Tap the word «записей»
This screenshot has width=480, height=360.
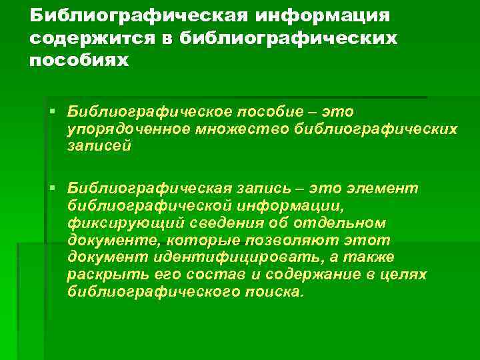click(100, 145)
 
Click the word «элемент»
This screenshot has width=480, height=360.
click(383, 189)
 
